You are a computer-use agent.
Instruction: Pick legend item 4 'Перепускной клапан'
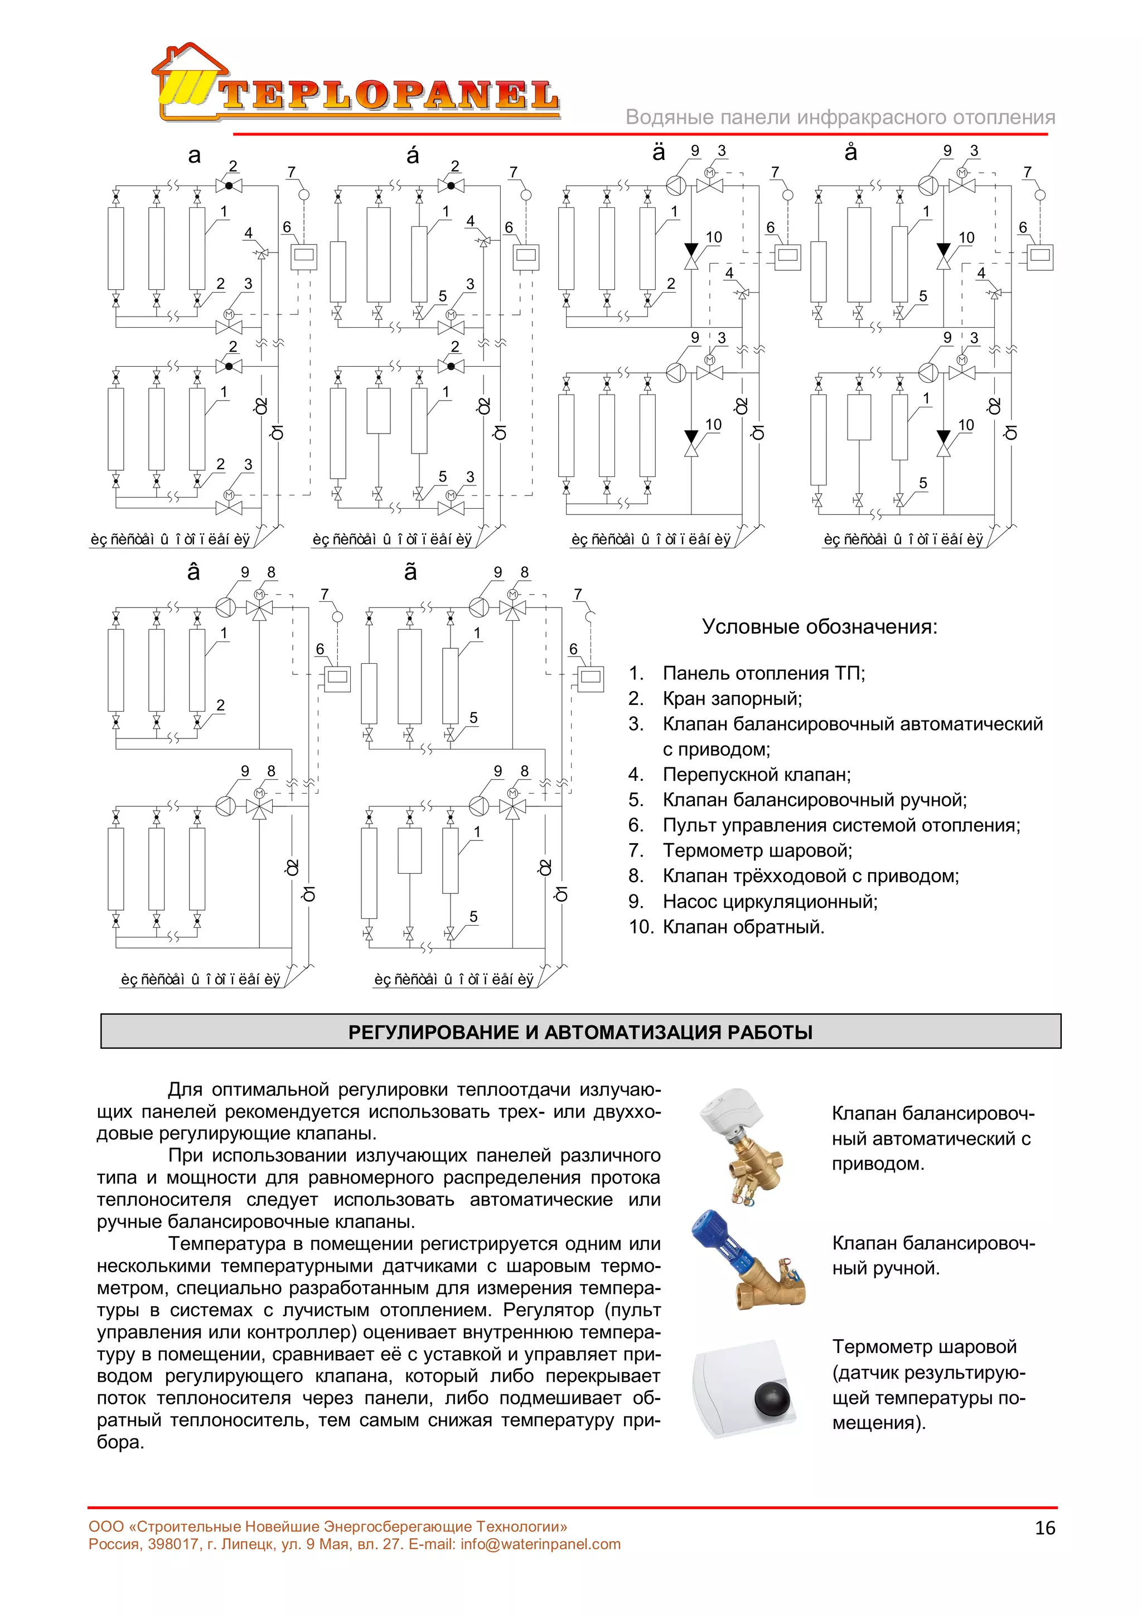point(757,775)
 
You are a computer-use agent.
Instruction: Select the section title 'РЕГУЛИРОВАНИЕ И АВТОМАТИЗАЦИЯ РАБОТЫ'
point(580,1032)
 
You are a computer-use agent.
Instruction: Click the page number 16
point(1045,1527)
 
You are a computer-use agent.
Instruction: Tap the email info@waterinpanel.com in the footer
point(540,1544)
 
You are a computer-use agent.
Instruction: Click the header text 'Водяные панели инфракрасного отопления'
point(840,118)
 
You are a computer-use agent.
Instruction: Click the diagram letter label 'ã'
point(411,572)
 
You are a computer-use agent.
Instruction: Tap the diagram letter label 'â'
point(193,572)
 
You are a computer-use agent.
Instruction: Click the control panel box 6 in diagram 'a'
point(304,257)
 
